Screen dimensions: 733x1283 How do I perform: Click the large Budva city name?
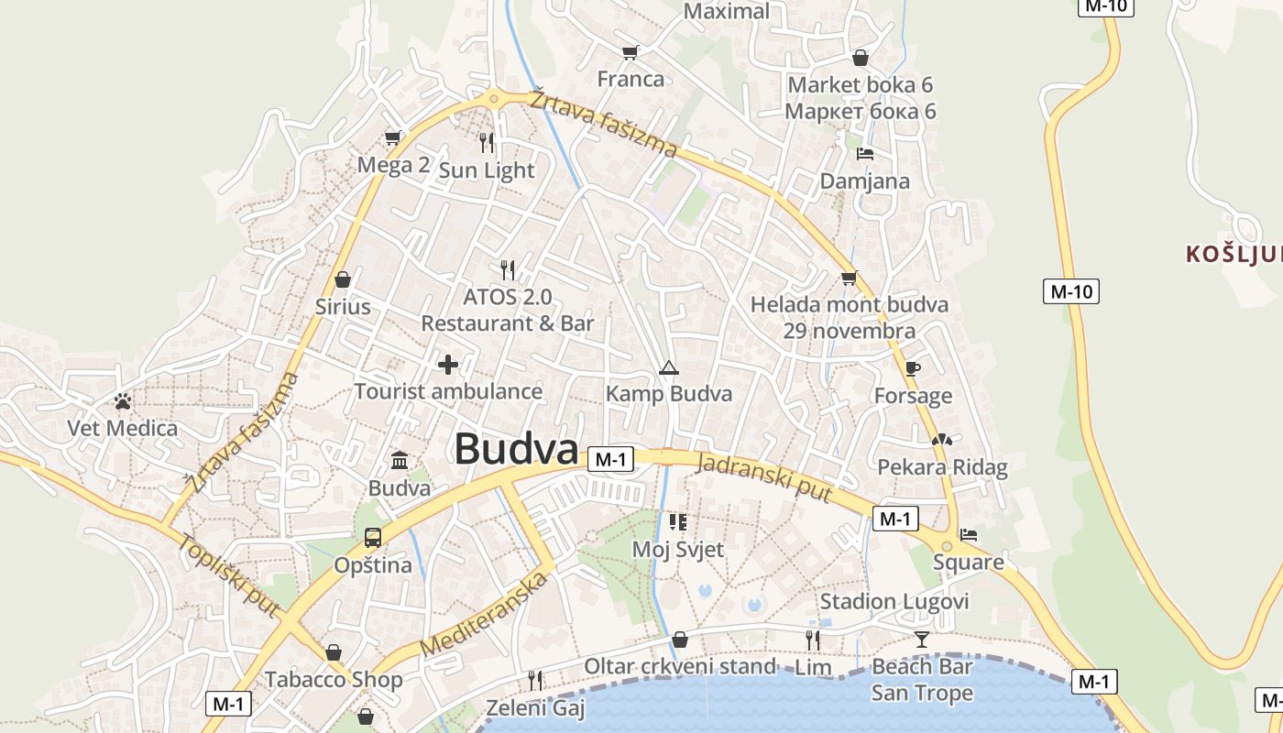pyautogui.click(x=516, y=450)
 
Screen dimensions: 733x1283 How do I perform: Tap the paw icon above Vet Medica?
pyautogui.click(x=123, y=400)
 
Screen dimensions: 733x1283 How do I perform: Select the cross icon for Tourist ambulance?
pyautogui.click(x=448, y=365)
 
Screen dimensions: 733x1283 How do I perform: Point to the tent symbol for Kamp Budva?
pyautogui.click(x=669, y=368)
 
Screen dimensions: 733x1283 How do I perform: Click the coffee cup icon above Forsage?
pyautogui.click(x=912, y=368)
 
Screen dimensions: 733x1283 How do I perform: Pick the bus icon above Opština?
pyautogui.click(x=372, y=538)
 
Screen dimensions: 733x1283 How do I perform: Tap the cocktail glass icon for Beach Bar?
pyautogui.click(x=922, y=639)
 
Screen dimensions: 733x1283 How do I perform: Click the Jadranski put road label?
pyautogui.click(x=764, y=477)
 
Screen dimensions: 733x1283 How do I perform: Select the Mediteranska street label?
pyautogui.click(x=487, y=613)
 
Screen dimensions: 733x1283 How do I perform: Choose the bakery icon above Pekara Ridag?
pyautogui.click(x=942, y=440)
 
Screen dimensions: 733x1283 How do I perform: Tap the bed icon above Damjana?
pyautogui.click(x=865, y=154)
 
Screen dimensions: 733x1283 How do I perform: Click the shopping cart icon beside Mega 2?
pyautogui.click(x=393, y=137)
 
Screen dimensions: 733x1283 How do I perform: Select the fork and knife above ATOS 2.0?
pyautogui.click(x=508, y=269)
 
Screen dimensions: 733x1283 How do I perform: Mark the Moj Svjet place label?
pyautogui.click(x=678, y=550)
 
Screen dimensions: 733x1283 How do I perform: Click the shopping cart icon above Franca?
pyautogui.click(x=630, y=52)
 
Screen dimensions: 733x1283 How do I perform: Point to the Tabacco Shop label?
pyautogui.click(x=334, y=680)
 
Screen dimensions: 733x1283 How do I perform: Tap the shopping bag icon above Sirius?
pyautogui.click(x=343, y=279)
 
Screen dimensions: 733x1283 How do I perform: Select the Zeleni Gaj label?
pyautogui.click(x=535, y=708)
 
